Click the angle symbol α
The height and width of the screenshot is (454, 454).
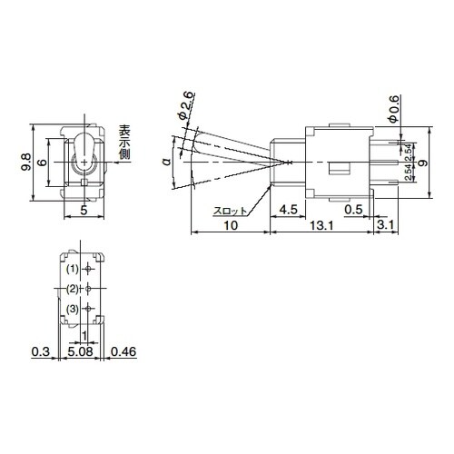pos(165,162)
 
